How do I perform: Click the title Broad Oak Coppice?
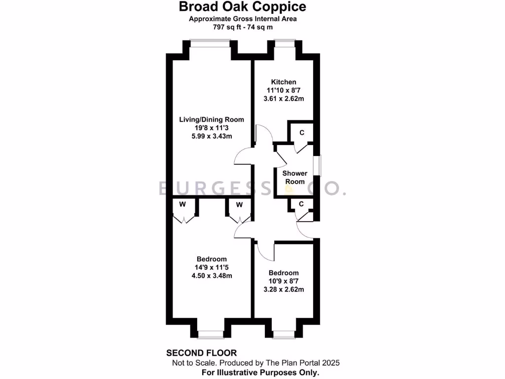point(242,7)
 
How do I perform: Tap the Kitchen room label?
point(284,82)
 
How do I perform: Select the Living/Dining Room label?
point(212,119)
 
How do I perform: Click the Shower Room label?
point(294,178)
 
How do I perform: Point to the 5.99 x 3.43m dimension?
point(212,136)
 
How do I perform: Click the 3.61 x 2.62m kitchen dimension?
point(284,99)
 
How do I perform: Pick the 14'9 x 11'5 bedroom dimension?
point(212,267)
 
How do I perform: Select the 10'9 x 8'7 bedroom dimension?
point(284,281)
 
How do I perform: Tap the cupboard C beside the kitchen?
point(301,132)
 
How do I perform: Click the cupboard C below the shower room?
point(301,204)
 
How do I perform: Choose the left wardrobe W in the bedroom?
point(182,204)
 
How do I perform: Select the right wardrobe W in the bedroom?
point(239,204)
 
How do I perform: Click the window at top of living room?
point(211,43)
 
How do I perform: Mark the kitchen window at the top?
point(284,43)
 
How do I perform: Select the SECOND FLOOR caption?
point(202,353)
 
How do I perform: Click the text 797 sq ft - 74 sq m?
point(242,27)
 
